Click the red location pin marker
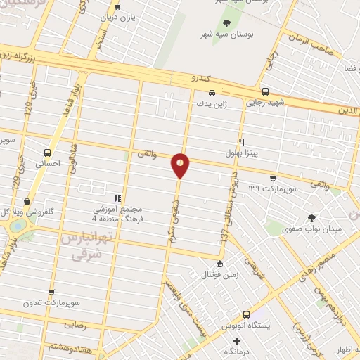coord(181,165)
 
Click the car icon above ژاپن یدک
coord(211,92)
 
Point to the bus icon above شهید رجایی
coord(265,91)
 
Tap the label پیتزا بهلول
coord(240,151)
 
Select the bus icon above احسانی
coord(47,152)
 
